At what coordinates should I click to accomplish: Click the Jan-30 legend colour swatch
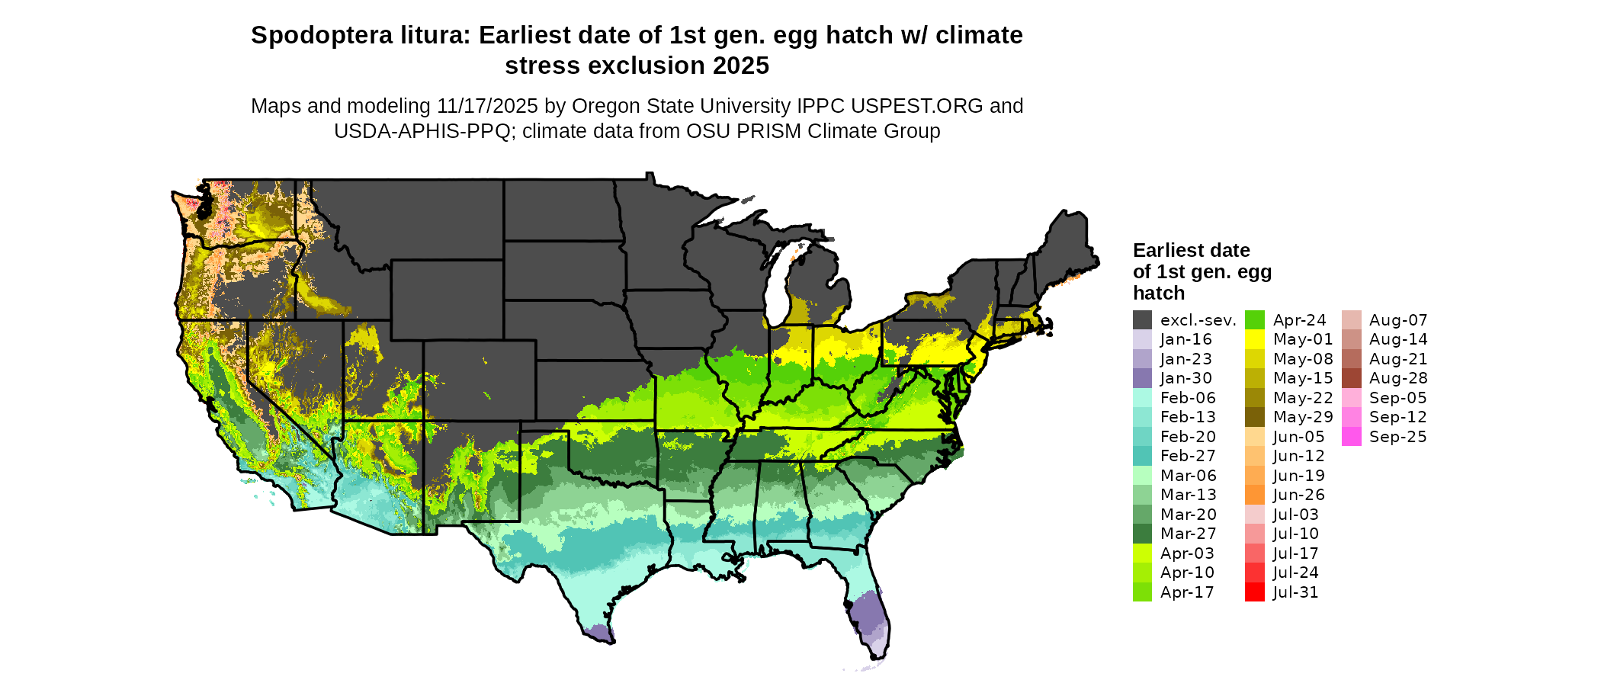pyautogui.click(x=1142, y=378)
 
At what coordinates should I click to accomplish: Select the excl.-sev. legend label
pyautogui.click(x=1198, y=320)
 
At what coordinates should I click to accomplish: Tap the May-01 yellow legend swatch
pyautogui.click(x=1254, y=339)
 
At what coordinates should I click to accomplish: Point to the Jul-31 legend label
pyautogui.click(x=1295, y=592)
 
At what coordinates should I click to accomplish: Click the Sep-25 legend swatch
pyautogui.click(x=1351, y=437)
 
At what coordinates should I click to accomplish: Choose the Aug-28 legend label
pyautogui.click(x=1397, y=378)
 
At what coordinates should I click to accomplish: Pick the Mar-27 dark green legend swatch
pyautogui.click(x=1142, y=534)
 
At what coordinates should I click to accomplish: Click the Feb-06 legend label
pyautogui.click(x=1188, y=398)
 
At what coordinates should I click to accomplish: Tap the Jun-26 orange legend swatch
pyautogui.click(x=1254, y=495)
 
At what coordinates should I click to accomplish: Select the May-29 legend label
pyautogui.click(x=1303, y=417)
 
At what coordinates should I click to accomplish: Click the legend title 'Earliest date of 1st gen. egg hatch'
pyautogui.click(x=1202, y=271)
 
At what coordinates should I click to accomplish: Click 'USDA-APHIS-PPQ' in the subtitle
pyautogui.click(x=422, y=131)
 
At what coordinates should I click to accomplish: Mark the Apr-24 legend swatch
pyautogui.click(x=1254, y=320)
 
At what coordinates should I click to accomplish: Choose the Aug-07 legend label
pyautogui.click(x=1397, y=320)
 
